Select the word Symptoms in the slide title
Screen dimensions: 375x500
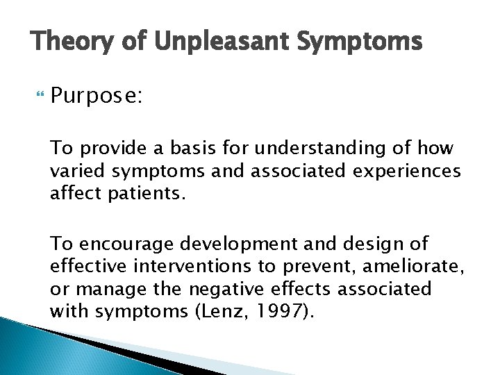point(359,44)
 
